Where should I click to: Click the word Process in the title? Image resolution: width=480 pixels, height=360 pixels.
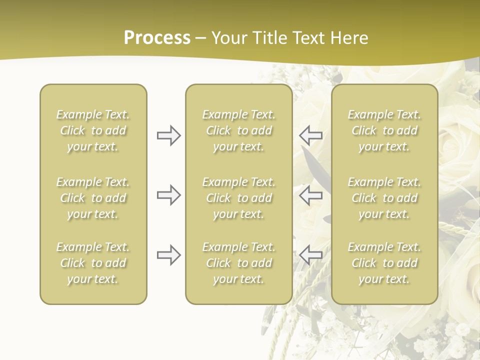pyautogui.click(x=157, y=38)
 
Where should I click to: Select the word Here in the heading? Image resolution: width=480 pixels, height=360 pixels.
pyautogui.click(x=348, y=38)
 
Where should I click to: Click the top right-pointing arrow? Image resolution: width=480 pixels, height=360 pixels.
pyautogui.click(x=168, y=135)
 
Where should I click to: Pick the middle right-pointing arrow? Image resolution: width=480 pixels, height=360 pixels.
pyautogui.click(x=168, y=195)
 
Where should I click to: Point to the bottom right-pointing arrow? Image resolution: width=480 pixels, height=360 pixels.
pyautogui.click(x=168, y=255)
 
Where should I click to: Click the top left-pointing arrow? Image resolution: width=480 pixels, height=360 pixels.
pyautogui.click(x=310, y=135)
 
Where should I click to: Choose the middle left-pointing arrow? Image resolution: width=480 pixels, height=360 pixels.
pyautogui.click(x=310, y=195)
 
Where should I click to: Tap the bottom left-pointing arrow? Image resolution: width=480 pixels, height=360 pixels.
pyautogui.click(x=310, y=255)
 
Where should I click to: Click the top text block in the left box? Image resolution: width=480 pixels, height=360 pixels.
pyautogui.click(x=93, y=130)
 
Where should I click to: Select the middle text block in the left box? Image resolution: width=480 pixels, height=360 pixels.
pyautogui.click(x=93, y=198)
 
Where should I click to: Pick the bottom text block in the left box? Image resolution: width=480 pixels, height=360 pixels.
pyautogui.click(x=93, y=263)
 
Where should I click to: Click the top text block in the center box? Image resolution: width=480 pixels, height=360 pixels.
pyautogui.click(x=239, y=130)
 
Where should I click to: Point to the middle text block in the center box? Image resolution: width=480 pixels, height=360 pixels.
pyautogui.click(x=239, y=198)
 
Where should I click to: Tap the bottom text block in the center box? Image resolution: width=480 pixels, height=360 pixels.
pyautogui.click(x=239, y=263)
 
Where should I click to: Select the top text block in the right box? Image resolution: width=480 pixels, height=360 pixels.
pyautogui.click(x=384, y=130)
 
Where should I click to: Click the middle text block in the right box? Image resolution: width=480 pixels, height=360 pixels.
pyautogui.click(x=384, y=198)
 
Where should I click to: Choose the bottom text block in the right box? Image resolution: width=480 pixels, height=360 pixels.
pyautogui.click(x=384, y=263)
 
